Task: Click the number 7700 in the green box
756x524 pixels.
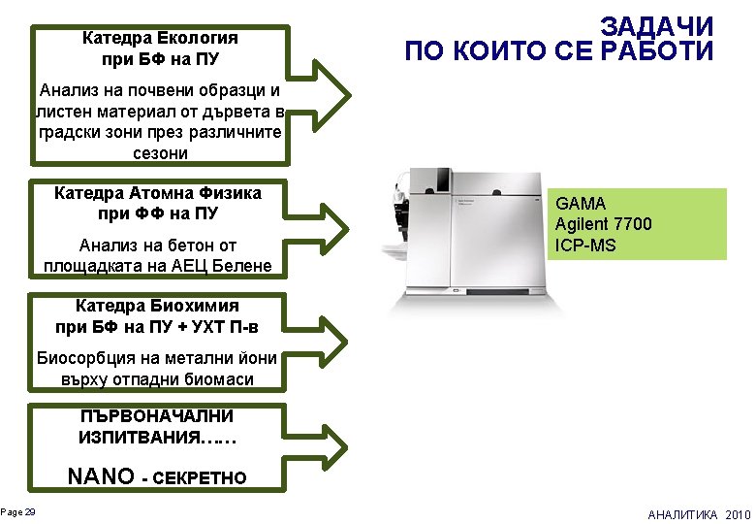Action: point(631,224)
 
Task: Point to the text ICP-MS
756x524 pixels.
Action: point(585,245)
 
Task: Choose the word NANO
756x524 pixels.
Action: point(100,476)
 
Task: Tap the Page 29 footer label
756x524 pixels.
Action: point(18,511)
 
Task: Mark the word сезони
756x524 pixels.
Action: point(160,152)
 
